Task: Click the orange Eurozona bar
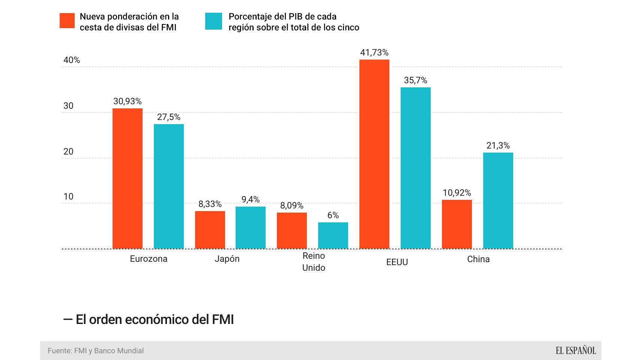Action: coord(128,178)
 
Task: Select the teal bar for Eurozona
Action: coord(169,186)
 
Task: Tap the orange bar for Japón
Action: coord(210,230)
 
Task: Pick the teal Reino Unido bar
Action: coord(333,235)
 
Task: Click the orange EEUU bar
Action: coord(374,154)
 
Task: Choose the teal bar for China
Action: coord(498,201)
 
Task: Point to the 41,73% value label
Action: coord(374,52)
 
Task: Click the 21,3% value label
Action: coord(498,145)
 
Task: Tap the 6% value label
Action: coord(333,215)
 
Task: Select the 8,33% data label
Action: coord(210,204)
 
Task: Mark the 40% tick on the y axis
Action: coord(72,60)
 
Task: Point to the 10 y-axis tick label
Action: coord(68,196)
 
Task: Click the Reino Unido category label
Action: coord(314,262)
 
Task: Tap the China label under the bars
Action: coord(478,259)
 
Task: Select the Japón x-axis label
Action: coord(227,259)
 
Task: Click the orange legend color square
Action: coord(67,21)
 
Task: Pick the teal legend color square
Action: coord(213,21)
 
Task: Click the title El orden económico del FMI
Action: coord(149,319)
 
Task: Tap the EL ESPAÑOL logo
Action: coord(575,351)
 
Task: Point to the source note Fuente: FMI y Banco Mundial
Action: coord(96,351)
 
